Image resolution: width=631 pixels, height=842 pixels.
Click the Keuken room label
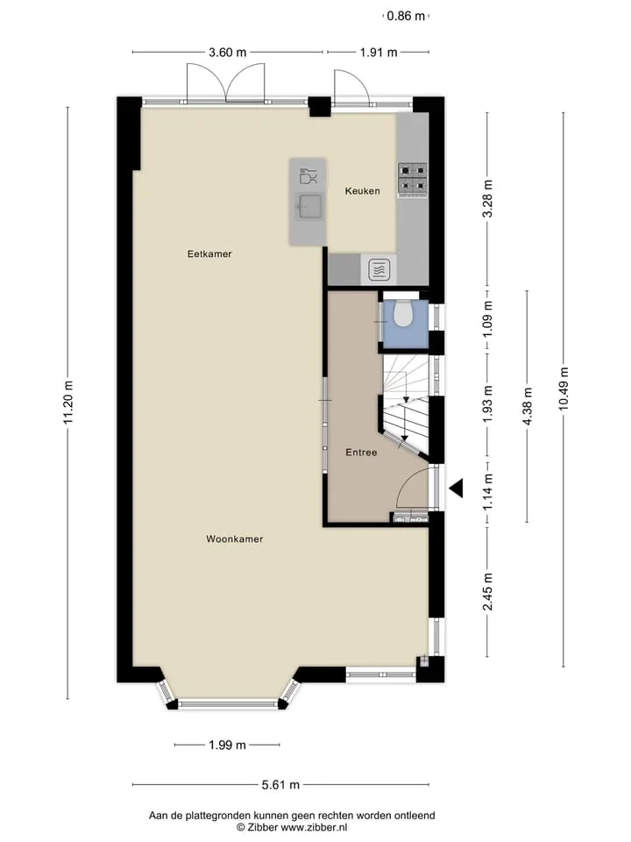pos(362,190)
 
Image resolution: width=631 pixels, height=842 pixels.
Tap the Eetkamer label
pos(209,254)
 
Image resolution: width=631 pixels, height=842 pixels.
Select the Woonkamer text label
pos(235,539)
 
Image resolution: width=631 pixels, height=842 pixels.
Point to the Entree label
pos(361,453)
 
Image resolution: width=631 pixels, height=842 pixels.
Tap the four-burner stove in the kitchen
pos(413,179)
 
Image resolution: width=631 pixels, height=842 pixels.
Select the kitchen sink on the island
pos(309,206)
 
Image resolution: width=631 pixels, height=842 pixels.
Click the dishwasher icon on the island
pos(308,176)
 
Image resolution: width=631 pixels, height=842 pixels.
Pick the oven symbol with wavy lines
pos(379,269)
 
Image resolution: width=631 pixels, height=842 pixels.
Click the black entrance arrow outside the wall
pos(456,489)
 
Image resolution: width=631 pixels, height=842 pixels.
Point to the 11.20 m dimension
pos(67,402)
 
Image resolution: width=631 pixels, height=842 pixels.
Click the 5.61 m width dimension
pos(280,784)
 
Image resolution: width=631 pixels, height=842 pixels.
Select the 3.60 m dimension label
pos(228,52)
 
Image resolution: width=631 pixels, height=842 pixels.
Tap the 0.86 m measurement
pos(406,16)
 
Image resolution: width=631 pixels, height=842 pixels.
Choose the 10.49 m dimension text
pos(564,389)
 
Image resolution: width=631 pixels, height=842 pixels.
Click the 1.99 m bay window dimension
pos(228,745)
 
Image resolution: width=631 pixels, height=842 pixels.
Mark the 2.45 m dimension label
pos(487,592)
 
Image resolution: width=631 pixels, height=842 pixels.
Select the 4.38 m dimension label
pos(527,406)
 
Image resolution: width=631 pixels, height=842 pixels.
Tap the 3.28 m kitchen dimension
pos(487,199)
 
